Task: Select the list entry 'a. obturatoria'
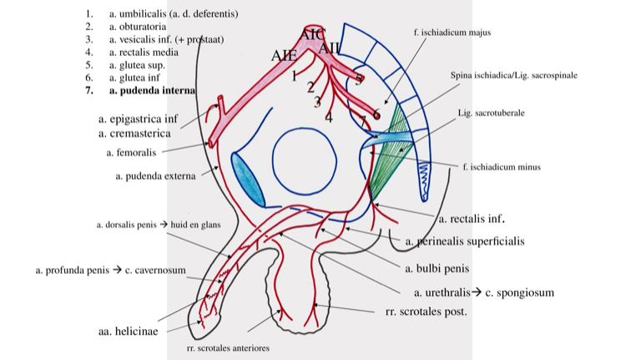tap(138, 27)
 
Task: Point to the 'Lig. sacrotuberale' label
tap(491, 112)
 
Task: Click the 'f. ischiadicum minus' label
tap(501, 167)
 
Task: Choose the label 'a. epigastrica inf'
tap(138, 119)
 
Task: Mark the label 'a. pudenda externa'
tap(154, 176)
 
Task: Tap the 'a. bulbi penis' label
tap(437, 269)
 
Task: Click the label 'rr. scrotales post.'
tap(426, 312)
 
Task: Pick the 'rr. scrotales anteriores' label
tap(228, 348)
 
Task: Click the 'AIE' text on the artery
tap(284, 55)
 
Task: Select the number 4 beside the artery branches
tap(329, 118)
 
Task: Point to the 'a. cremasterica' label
tap(134, 133)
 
